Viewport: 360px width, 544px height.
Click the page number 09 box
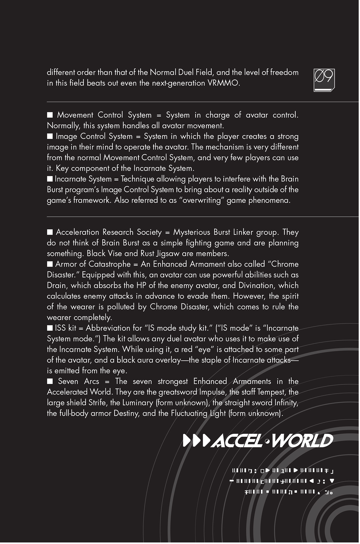click(x=324, y=79)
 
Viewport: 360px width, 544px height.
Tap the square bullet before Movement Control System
click(x=50, y=115)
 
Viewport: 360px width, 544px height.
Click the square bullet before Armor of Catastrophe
click(x=50, y=264)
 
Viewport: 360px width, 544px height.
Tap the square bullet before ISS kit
click(x=50, y=328)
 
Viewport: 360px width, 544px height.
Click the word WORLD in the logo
click(x=302, y=441)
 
